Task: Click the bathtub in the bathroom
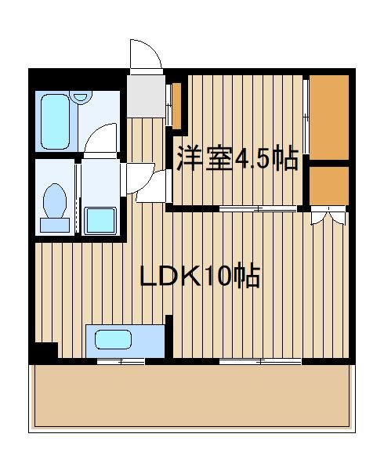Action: (x=56, y=121)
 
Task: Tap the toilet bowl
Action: (x=55, y=201)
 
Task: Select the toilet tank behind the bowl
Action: (x=55, y=225)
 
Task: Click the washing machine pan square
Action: (x=100, y=220)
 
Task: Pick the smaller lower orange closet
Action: (x=328, y=185)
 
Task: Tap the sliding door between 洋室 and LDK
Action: (x=259, y=208)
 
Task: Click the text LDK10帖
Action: (x=200, y=277)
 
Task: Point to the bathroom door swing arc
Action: (x=102, y=137)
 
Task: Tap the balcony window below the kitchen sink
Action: (x=121, y=361)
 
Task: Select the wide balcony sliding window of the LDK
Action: (x=260, y=361)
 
